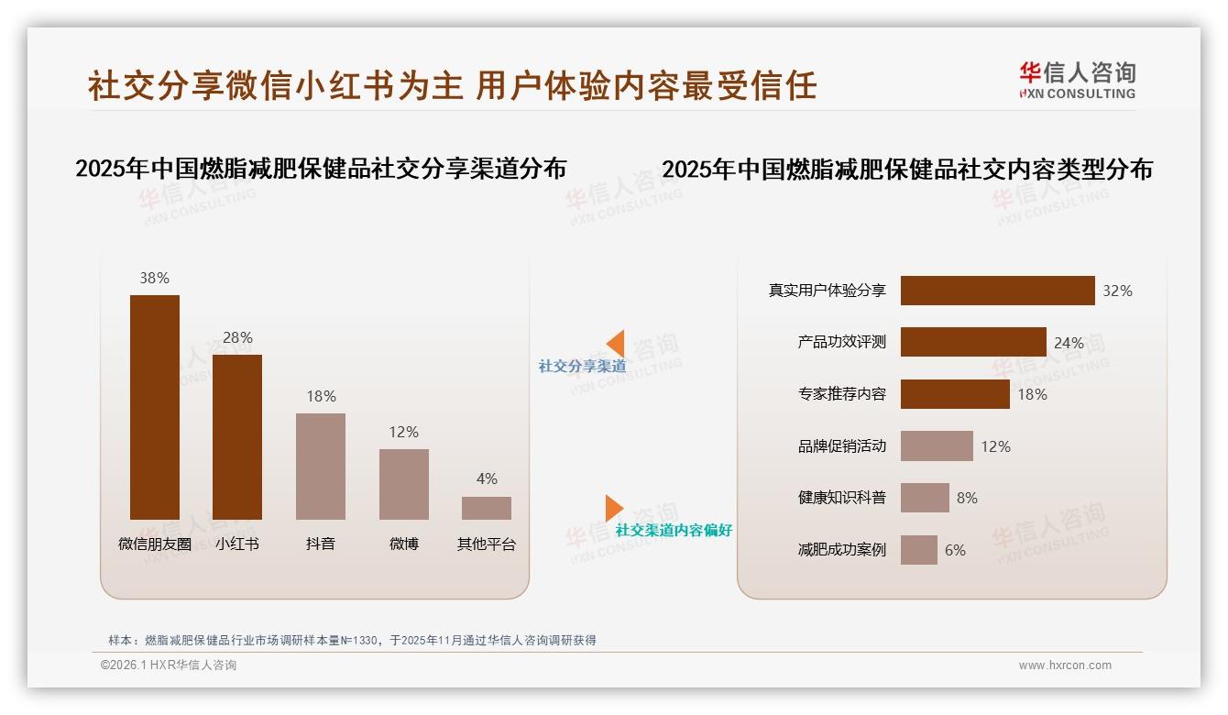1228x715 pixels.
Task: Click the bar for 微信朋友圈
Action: [155, 407]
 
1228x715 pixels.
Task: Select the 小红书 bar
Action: [237, 437]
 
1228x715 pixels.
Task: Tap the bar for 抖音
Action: [321, 467]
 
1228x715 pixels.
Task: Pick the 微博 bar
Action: [404, 484]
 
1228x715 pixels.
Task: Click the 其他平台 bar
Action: [487, 508]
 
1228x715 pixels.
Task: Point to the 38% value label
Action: [155, 278]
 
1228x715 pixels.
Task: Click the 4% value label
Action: [487, 478]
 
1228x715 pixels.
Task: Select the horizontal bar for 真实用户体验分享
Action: [997, 291]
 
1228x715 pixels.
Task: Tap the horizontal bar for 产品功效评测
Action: [973, 342]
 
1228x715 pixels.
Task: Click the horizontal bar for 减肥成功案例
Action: [919, 550]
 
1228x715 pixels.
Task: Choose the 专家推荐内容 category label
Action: [841, 394]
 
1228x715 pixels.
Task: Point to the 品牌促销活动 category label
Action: [841, 446]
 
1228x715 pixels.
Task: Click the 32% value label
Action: [1117, 291]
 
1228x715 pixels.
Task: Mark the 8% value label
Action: [967, 498]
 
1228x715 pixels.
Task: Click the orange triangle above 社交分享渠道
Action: [615, 344]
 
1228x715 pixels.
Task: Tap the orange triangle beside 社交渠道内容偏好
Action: [613, 508]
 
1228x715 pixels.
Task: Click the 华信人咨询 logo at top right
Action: [1077, 80]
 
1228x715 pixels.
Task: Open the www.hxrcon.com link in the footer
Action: [1065, 665]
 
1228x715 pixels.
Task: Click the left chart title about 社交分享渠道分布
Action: [321, 169]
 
